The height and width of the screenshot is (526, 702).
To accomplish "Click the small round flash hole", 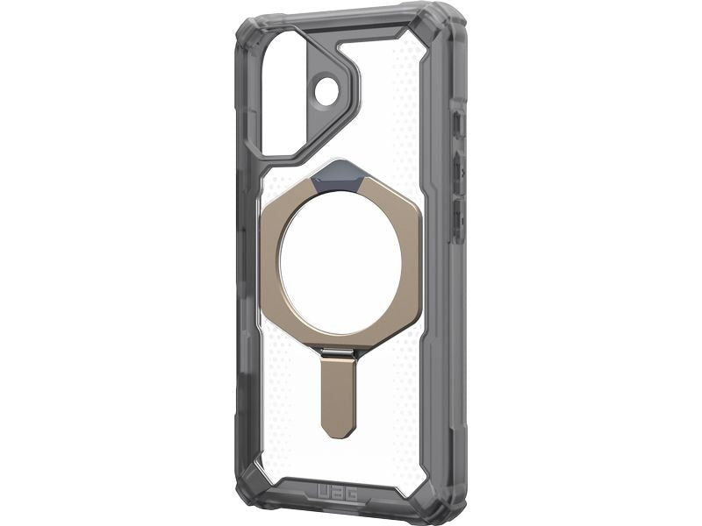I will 327,91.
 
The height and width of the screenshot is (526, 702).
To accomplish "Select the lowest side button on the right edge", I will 458,219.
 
